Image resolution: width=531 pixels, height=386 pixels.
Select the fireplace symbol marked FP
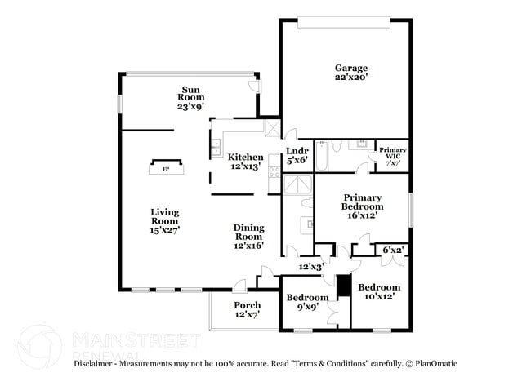point(166,169)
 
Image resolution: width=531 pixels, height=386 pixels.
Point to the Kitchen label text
point(245,162)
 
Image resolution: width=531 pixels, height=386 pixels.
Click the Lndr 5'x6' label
point(297,156)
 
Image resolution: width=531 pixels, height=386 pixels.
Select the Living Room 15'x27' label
point(164,221)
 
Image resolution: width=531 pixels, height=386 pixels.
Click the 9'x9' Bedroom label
point(307,303)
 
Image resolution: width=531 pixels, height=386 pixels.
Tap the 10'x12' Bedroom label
point(379,292)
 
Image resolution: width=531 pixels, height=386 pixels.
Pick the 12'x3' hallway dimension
point(310,267)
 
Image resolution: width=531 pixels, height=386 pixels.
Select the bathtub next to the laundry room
point(322,156)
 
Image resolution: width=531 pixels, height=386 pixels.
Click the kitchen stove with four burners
point(274,172)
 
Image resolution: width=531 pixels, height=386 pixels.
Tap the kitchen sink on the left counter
point(216,149)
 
